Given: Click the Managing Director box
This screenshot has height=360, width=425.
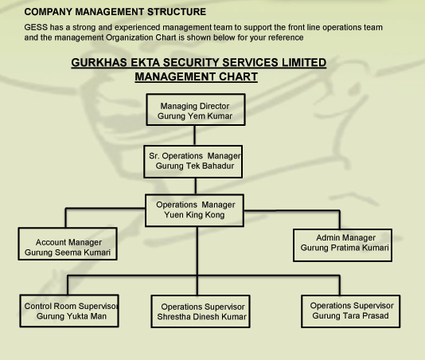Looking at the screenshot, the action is (x=196, y=110).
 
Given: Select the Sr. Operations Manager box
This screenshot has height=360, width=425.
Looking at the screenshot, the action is (x=193, y=162).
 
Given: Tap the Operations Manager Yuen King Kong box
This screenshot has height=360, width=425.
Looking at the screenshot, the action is (x=194, y=210).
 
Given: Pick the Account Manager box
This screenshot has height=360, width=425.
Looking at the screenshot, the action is (x=68, y=244).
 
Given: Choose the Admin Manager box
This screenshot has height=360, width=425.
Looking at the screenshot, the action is (x=342, y=245).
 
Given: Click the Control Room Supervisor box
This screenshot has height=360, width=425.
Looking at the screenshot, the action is (x=69, y=311).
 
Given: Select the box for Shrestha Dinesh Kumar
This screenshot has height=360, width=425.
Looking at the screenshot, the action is (x=201, y=311).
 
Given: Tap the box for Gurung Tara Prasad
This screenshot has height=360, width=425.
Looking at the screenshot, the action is (x=351, y=311).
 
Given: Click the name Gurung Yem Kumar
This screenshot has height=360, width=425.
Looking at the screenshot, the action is (x=195, y=116).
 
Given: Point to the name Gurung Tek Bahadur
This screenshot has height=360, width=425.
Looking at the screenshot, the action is (x=195, y=166).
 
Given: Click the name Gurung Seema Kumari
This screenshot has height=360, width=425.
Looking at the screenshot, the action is (x=68, y=252).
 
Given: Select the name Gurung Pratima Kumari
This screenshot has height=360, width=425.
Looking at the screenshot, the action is (x=345, y=248).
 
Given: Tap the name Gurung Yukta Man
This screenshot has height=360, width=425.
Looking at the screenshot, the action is (x=72, y=316).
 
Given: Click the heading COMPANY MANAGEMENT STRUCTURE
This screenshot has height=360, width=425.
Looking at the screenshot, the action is (x=115, y=12).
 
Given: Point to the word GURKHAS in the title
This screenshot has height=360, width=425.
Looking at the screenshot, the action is (x=99, y=62).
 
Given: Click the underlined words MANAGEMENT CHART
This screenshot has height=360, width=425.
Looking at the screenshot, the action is (x=197, y=76).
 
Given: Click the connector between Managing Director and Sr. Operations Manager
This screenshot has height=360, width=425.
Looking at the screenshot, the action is (x=195, y=135).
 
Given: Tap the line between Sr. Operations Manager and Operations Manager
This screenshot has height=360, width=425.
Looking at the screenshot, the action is (x=196, y=186).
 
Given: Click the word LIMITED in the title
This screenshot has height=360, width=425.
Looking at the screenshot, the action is (x=304, y=62).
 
